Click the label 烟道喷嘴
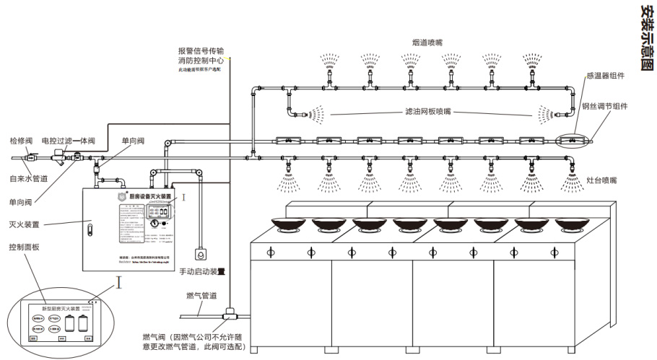tap(427, 43)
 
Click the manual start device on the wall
tap(199, 255)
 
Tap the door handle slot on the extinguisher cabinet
tap(90, 230)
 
